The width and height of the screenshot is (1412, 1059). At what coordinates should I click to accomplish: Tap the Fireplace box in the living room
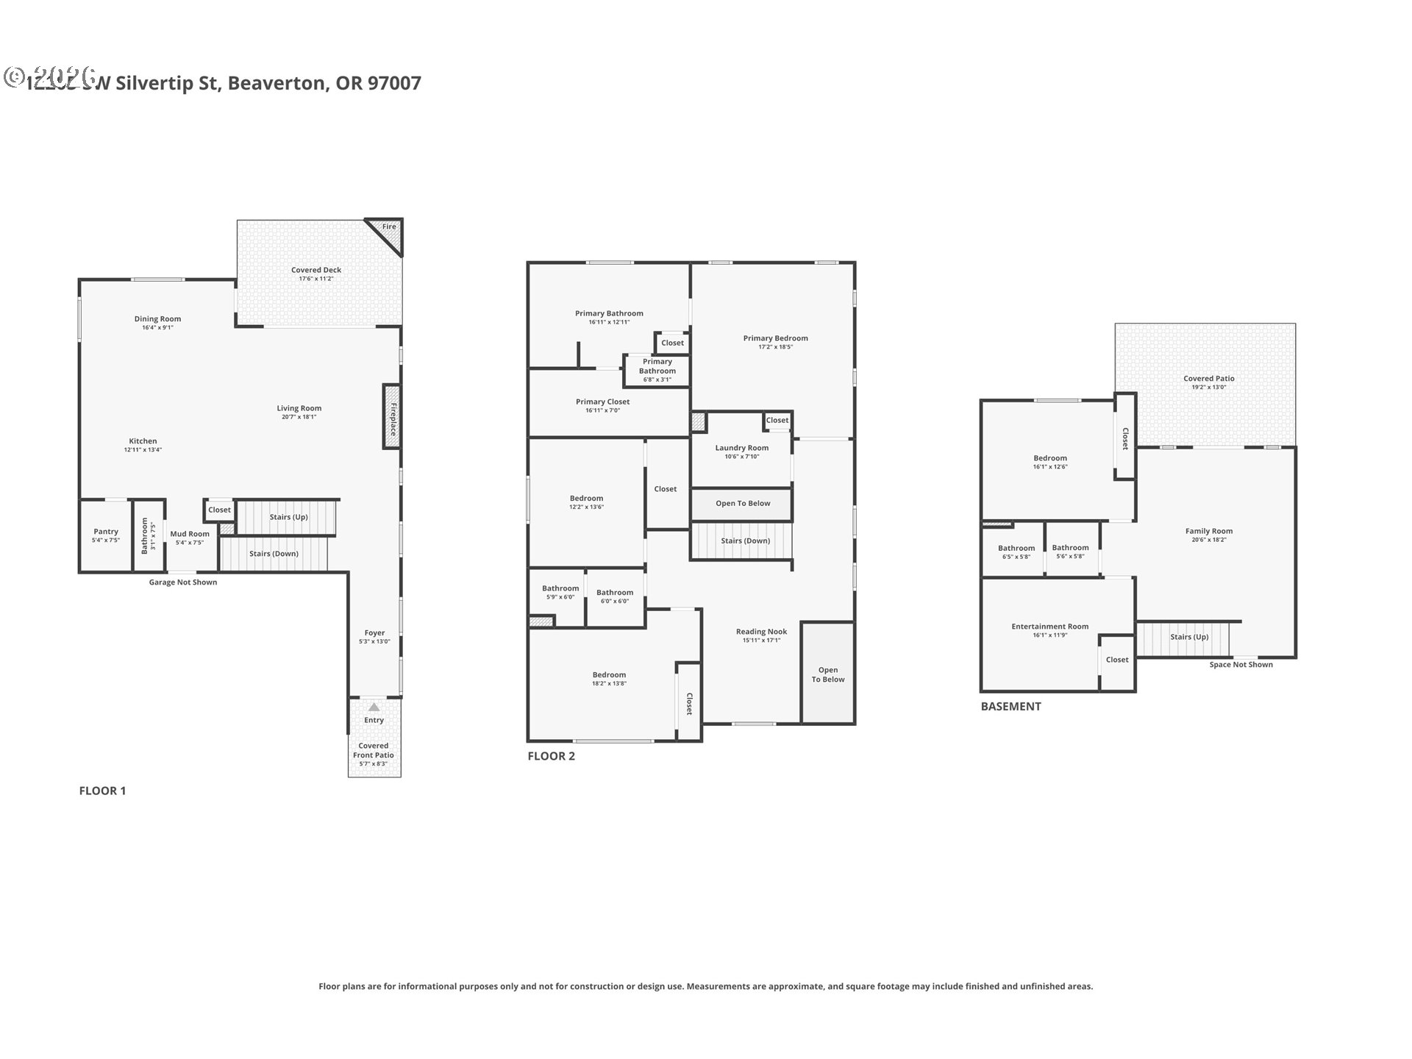[391, 417]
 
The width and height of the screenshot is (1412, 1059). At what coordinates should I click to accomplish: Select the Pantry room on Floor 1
[106, 535]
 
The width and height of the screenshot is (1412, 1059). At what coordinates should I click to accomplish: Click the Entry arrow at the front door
[374, 707]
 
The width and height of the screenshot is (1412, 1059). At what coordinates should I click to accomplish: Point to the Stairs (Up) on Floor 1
[288, 517]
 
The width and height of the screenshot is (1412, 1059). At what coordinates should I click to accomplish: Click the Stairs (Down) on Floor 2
[745, 541]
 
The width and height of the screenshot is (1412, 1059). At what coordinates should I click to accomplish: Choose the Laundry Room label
[741, 448]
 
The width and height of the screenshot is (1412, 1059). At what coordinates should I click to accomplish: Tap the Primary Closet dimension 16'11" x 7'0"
[602, 410]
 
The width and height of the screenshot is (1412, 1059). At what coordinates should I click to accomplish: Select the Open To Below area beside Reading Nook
[828, 674]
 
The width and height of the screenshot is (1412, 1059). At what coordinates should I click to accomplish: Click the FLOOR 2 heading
[551, 756]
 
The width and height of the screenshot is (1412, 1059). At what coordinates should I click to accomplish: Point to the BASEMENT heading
[1010, 706]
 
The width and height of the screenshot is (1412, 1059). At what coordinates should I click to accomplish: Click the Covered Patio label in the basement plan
[1208, 379]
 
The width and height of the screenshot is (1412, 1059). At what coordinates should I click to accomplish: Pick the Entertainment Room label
[1049, 627]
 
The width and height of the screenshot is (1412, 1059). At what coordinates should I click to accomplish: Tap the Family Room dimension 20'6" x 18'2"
[1208, 540]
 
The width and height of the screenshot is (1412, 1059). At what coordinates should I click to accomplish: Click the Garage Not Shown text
[183, 582]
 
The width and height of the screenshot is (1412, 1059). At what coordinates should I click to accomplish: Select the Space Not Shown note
[1241, 665]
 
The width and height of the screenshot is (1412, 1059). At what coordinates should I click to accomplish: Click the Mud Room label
[190, 534]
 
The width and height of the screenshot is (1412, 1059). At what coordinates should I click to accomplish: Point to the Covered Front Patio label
[374, 750]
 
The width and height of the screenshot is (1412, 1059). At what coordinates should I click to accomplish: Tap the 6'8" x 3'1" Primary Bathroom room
[657, 371]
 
